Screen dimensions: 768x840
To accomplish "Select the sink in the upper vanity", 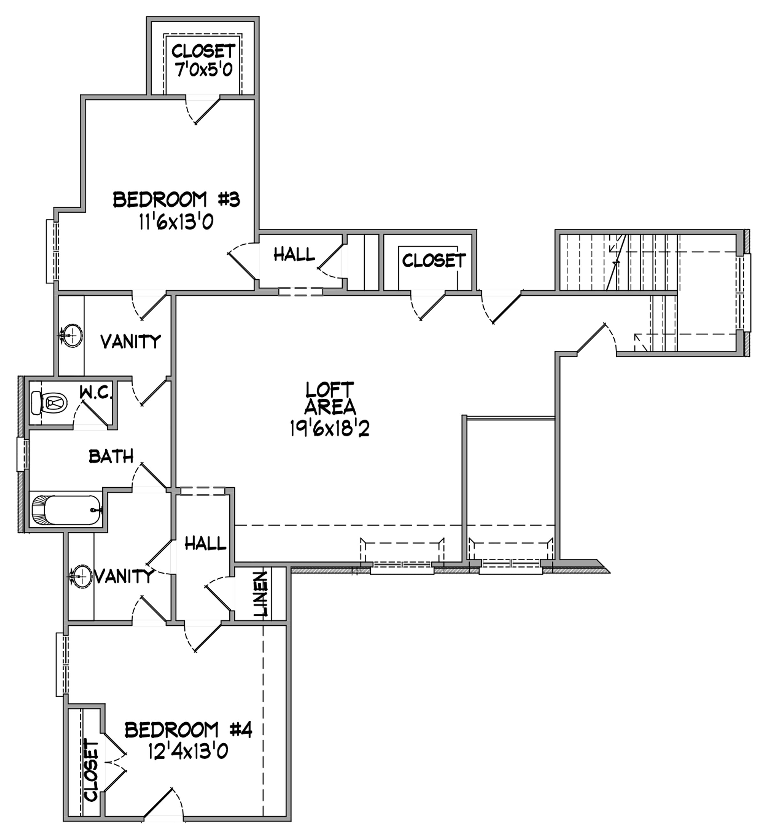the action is (x=71, y=335).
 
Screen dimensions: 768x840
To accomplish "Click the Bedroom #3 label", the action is (x=176, y=200).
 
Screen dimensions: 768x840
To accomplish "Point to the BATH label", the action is (x=111, y=457).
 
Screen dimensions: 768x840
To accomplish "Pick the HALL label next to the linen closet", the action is (x=205, y=543).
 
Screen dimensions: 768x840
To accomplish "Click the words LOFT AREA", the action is (x=330, y=398).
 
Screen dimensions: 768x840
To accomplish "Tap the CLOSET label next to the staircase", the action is (x=434, y=261).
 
